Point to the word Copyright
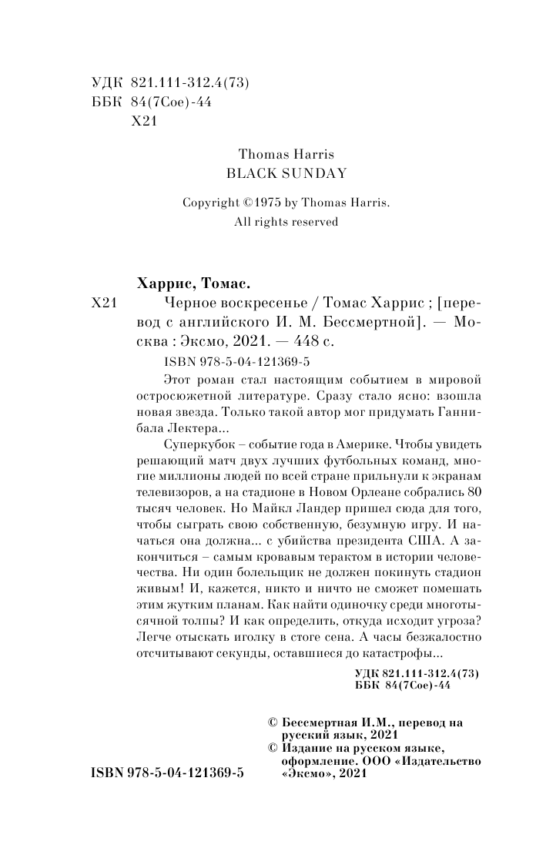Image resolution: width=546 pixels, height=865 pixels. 211,203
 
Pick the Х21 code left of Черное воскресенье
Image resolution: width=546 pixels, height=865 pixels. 104,303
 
